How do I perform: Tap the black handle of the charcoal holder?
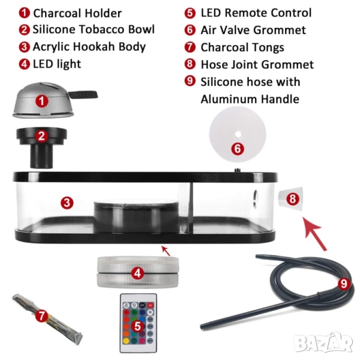84,94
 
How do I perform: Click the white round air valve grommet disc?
238,134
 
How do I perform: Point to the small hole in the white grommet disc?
238,134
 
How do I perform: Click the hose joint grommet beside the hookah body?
290,199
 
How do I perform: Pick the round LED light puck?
138,272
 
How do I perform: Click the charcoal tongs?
47,319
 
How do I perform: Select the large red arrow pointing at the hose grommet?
314,233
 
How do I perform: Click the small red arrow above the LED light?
166,251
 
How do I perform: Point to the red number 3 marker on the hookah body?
67,203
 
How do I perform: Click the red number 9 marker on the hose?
344,284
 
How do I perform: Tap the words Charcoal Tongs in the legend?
242,47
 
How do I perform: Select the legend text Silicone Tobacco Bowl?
94,29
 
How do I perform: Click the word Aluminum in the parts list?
230,100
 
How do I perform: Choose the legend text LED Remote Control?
256,13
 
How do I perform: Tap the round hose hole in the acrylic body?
256,198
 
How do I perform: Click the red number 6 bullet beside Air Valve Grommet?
190,30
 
